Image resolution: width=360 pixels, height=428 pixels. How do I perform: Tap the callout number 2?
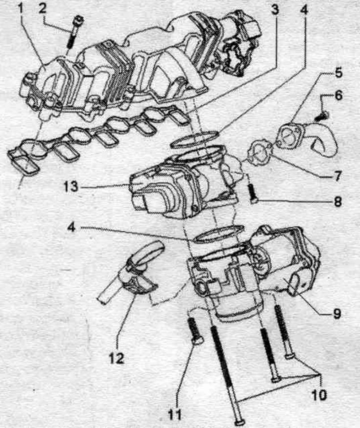coord(43,10)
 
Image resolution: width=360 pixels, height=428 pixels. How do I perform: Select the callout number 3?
coord(275,10)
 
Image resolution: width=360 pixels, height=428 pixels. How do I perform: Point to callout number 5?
coord(338,72)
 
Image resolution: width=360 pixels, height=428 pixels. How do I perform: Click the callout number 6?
coord(338,95)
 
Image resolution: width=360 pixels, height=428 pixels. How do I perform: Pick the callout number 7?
coord(338,176)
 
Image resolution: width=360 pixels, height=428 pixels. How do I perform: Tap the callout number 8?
coord(337,201)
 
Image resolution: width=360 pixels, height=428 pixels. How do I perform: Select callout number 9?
coord(337,314)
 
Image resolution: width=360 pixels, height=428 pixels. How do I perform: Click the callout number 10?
coord(318,394)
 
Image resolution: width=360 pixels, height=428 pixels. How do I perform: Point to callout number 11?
coord(174,415)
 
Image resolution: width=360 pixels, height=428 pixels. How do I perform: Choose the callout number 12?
coord(117,358)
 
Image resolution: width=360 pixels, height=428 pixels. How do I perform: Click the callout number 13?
coord(71,187)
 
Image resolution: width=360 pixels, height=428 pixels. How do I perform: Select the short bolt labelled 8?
coord(252,193)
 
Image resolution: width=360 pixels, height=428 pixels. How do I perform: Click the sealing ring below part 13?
coord(218,233)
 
